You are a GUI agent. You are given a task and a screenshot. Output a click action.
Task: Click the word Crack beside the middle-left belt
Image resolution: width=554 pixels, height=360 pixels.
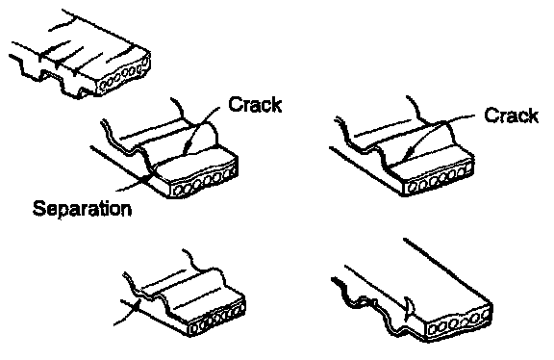255,104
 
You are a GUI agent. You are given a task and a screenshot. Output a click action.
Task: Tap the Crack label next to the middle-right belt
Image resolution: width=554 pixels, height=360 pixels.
512,116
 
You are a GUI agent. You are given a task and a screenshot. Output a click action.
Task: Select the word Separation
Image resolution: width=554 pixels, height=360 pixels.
82,208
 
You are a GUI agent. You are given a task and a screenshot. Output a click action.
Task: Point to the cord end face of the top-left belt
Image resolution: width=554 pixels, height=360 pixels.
124,76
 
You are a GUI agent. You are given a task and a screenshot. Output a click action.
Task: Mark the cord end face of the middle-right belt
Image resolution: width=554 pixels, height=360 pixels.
440,177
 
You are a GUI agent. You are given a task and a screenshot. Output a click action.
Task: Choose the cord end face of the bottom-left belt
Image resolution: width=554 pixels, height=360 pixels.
216,319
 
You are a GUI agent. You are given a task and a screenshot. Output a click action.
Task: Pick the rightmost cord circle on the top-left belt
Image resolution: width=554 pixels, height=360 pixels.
144,63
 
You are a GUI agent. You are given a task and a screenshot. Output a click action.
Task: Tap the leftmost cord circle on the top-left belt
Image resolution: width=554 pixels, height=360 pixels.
104,86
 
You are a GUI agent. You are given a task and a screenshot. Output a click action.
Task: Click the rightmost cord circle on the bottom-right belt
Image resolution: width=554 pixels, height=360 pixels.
485,315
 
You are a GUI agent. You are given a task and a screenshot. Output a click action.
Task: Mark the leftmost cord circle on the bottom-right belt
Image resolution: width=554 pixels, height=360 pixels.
433,329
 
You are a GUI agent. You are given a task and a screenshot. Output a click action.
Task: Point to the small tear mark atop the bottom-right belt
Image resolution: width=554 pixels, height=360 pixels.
408,307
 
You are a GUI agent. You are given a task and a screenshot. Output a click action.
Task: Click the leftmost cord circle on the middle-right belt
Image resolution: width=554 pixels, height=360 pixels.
412,187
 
